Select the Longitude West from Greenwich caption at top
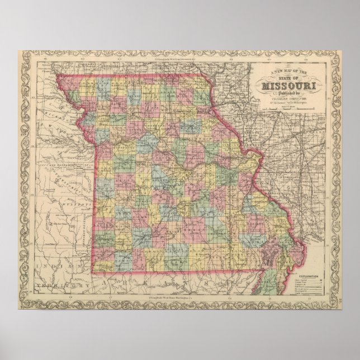pyautogui.click(x=168, y=57)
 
